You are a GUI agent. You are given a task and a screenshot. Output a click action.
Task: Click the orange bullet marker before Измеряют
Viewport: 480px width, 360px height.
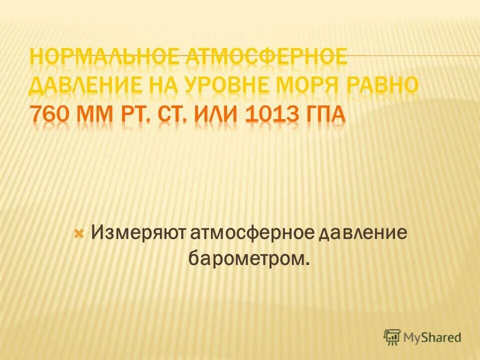point(78,233)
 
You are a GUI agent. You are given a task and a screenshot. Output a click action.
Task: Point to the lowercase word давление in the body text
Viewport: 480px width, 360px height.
point(363,233)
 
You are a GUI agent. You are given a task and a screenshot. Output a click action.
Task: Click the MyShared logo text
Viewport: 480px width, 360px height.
point(432,337)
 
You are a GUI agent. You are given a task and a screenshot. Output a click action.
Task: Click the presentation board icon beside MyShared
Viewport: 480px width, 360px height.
point(392,337)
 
